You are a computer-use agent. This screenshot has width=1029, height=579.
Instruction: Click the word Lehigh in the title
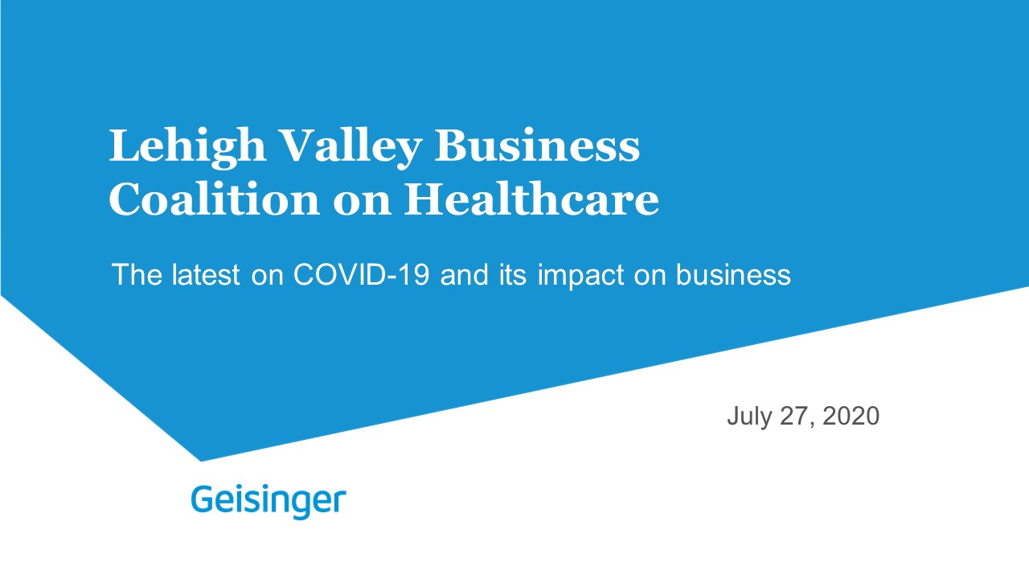pos(187,148)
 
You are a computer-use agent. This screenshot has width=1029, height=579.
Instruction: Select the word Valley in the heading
pos(351,148)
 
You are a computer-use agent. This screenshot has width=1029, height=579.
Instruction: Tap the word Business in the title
pos(537,146)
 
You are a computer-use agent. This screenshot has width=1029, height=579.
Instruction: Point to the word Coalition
pos(214,199)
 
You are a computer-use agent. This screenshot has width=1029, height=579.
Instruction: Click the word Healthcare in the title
pos(531,199)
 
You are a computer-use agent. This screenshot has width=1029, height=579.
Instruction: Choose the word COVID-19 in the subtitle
pos(361,275)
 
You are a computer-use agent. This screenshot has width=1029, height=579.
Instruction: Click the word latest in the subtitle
pos(206,275)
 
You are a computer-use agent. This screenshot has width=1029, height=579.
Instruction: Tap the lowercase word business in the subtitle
pos(734,275)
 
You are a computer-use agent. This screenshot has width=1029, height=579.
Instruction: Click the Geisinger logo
pos(269,501)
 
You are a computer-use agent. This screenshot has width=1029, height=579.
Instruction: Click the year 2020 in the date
pos(851,416)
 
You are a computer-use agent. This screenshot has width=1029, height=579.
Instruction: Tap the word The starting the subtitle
pos(137,275)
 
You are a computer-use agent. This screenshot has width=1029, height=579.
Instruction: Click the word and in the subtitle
pos(464,275)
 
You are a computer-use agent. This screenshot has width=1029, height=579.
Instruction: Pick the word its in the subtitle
pos(513,275)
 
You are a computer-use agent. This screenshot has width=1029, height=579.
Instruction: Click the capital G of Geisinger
pos(201,499)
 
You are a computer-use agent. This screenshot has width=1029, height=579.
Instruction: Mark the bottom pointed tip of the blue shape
pos(201,461)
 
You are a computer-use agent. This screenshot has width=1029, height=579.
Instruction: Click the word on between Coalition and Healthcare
pos(362,203)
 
